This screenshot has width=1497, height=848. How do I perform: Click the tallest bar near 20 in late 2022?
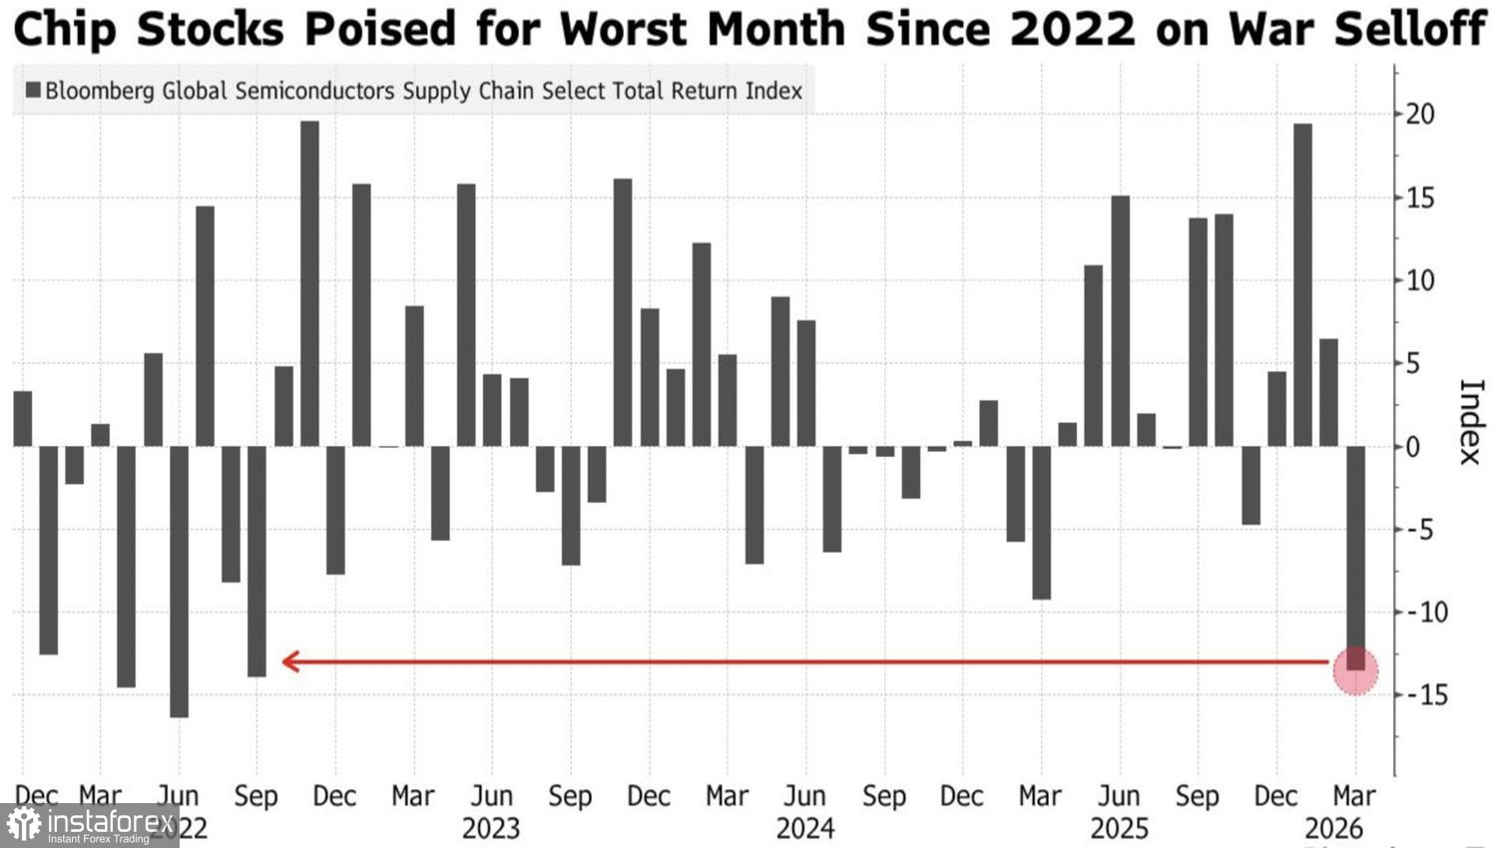309,283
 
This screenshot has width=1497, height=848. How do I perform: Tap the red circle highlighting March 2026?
1355,670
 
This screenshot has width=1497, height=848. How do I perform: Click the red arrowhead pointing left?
290,661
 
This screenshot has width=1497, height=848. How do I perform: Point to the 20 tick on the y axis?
1419,114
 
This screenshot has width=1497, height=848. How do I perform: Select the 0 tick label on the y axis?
1412,447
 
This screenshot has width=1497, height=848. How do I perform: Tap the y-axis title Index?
1471,422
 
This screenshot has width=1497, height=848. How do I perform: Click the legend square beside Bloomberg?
33,91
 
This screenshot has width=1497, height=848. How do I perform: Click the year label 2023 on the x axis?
491,829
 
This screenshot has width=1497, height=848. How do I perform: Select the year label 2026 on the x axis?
1334,829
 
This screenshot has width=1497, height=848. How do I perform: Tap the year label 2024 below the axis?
805,829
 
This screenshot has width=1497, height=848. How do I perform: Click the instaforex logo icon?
23,825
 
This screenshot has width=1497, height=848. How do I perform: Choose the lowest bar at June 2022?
179,581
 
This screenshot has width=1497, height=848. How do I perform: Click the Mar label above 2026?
1354,796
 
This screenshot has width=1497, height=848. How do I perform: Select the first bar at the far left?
22,419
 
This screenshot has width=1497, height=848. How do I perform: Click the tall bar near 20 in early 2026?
1302,284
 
